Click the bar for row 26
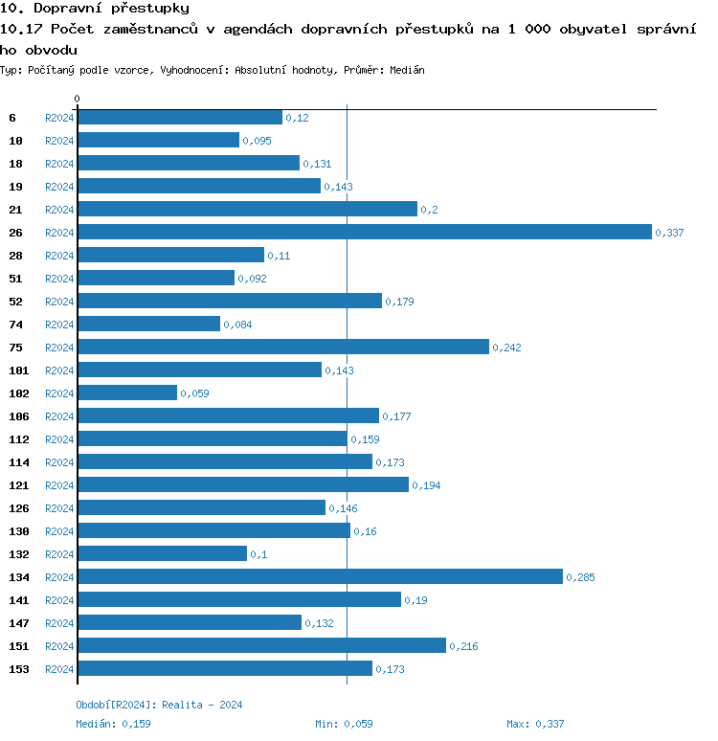tap(364, 232)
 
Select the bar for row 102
tap(127, 393)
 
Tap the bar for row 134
tap(320, 576)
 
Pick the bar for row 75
tap(283, 347)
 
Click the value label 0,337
tap(669, 233)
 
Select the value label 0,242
tap(506, 348)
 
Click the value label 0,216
tap(463, 646)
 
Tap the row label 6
tap(12, 118)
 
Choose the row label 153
tap(19, 669)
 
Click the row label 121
tap(19, 485)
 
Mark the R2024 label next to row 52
tap(59, 302)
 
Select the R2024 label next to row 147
tap(59, 623)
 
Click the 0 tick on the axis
tap(78, 99)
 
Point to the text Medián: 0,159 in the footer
tap(113, 724)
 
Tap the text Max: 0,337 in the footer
tap(537, 724)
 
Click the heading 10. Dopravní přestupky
tap(95, 9)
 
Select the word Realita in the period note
tap(181, 705)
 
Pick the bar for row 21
tap(247, 209)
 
